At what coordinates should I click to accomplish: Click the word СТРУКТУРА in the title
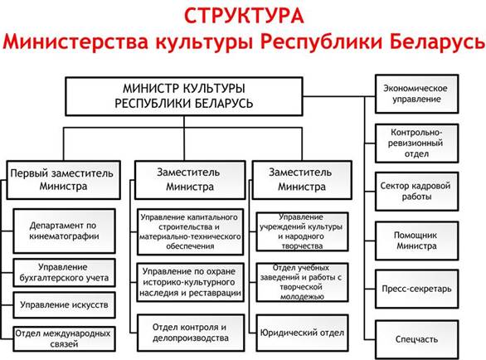(244, 16)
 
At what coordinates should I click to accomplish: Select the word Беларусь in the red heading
(437, 41)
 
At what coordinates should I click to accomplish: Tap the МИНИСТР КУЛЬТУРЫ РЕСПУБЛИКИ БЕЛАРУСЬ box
(184, 96)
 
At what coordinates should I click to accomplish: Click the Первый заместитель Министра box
(63, 180)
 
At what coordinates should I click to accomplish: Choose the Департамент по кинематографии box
(64, 231)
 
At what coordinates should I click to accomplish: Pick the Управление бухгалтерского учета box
(64, 273)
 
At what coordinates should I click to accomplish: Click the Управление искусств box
(64, 305)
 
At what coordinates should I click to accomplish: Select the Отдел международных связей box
(64, 338)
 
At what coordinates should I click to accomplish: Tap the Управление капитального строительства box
(190, 232)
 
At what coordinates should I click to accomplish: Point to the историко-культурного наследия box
(190, 283)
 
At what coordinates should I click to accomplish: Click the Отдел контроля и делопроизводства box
(190, 333)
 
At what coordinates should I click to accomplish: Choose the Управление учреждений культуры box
(302, 231)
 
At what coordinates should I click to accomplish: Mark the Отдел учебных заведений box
(302, 282)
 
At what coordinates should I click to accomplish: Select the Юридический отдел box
(302, 333)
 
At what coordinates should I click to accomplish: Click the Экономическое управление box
(416, 94)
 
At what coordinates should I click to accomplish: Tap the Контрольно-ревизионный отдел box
(416, 144)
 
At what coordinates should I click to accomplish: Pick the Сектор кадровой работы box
(416, 192)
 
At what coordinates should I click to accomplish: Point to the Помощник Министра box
(416, 241)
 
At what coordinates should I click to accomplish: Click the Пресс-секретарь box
(416, 289)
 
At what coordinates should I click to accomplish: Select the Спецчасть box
(416, 339)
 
